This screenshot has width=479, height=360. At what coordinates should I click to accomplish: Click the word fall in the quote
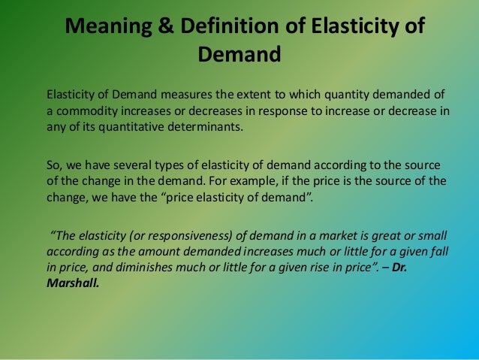click(x=443, y=249)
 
